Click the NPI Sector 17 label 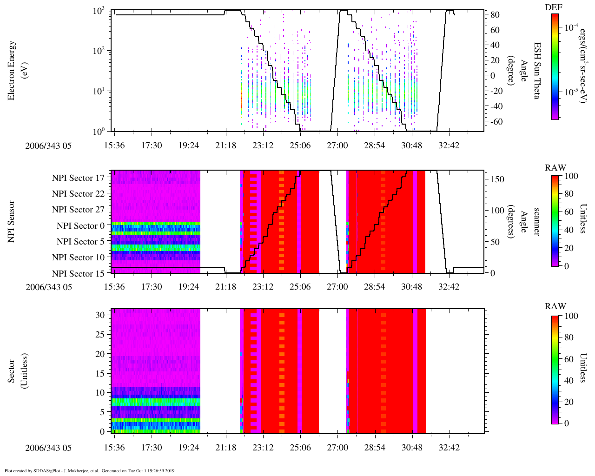tap(78, 178)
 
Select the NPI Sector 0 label tap(80, 226)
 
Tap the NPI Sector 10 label tap(78, 258)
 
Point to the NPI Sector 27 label tap(78, 210)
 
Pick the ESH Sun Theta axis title tap(536, 70)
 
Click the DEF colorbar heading tap(553, 7)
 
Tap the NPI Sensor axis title tap(12, 221)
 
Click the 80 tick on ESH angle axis tap(495, 15)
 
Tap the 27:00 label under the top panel tap(337, 145)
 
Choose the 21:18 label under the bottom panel tap(225, 448)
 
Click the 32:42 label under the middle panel tap(449, 287)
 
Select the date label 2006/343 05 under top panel tap(49, 146)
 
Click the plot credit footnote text tap(90, 470)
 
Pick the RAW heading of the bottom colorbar tap(555, 306)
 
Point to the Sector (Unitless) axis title tap(17, 371)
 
